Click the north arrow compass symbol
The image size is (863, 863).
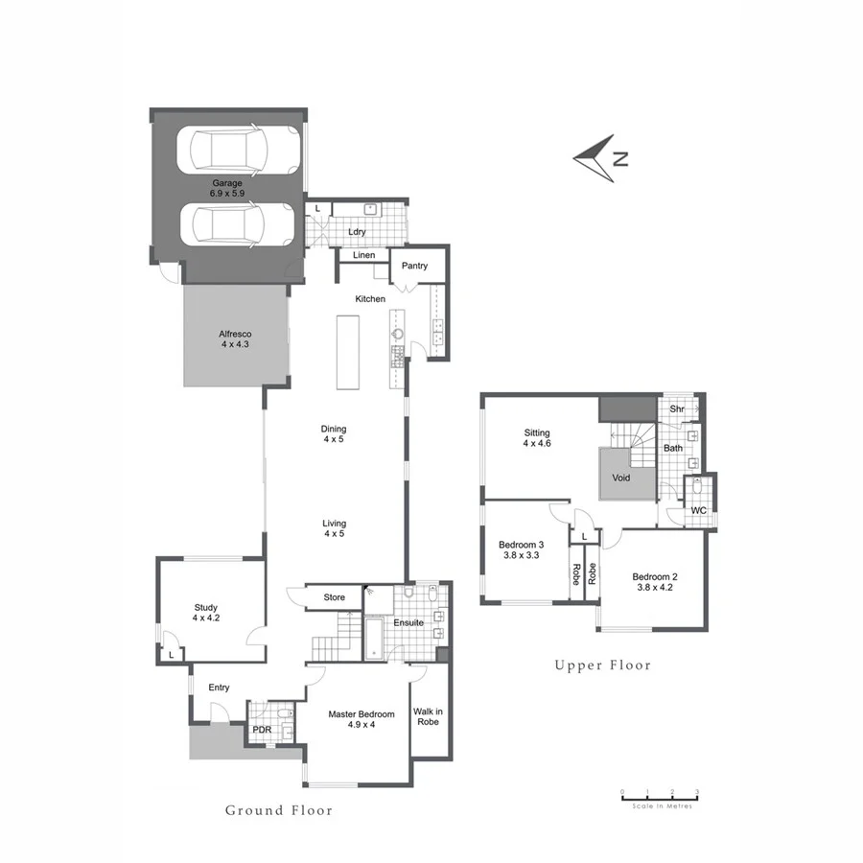pos(600,158)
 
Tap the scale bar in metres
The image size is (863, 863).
pos(660,795)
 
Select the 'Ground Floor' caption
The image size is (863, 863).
pos(279,810)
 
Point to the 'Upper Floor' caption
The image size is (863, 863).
pos(602,665)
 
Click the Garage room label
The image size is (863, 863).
pos(227,187)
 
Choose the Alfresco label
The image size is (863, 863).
pos(235,338)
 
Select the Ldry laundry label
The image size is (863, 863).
pos(357,231)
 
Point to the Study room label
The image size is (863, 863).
pos(206,613)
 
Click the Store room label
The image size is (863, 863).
pos(334,597)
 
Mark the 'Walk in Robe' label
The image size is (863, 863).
pos(428,716)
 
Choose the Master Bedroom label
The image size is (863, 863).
pos(362,719)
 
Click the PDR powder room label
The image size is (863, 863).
pos(262,730)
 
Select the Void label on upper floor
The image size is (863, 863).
pos(621,477)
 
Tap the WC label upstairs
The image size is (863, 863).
pos(699,510)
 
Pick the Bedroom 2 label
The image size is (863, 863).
pos(655,582)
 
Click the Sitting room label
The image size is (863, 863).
pos(537,437)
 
